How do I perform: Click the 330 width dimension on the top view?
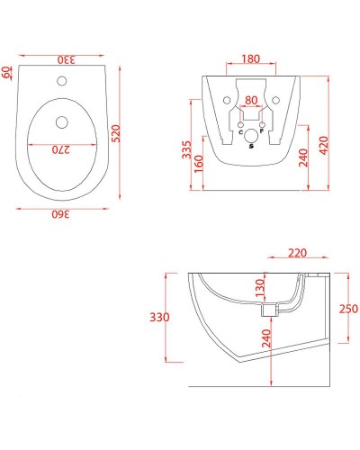pyautogui.click(x=67, y=59)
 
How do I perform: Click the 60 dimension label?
pyautogui.click(x=7, y=72)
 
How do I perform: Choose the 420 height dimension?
pyautogui.click(x=321, y=137)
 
